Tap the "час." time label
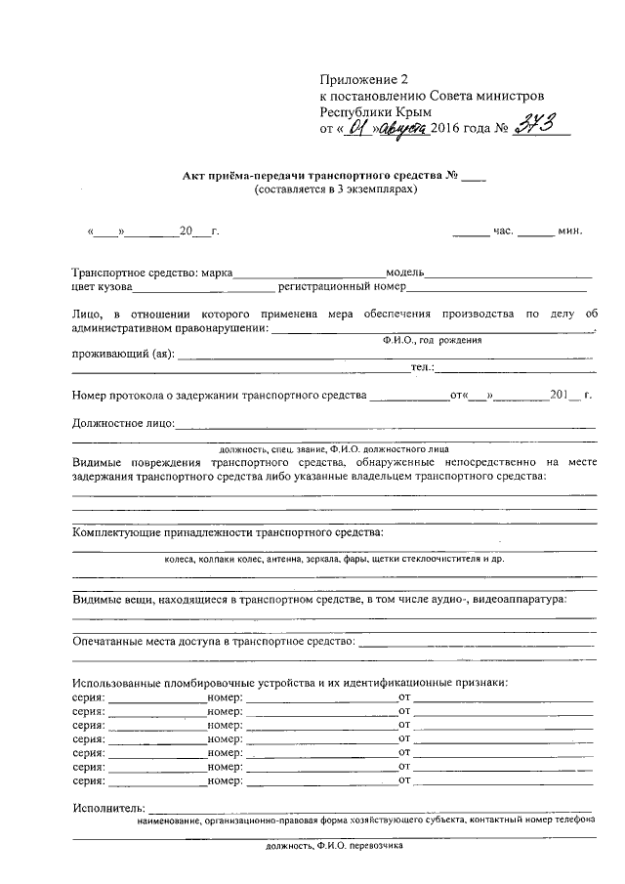pos(504,232)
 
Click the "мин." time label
pos(570,232)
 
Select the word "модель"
pos(403,273)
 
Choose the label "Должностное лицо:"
pos(123,423)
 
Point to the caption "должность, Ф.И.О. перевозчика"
pos(335,846)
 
